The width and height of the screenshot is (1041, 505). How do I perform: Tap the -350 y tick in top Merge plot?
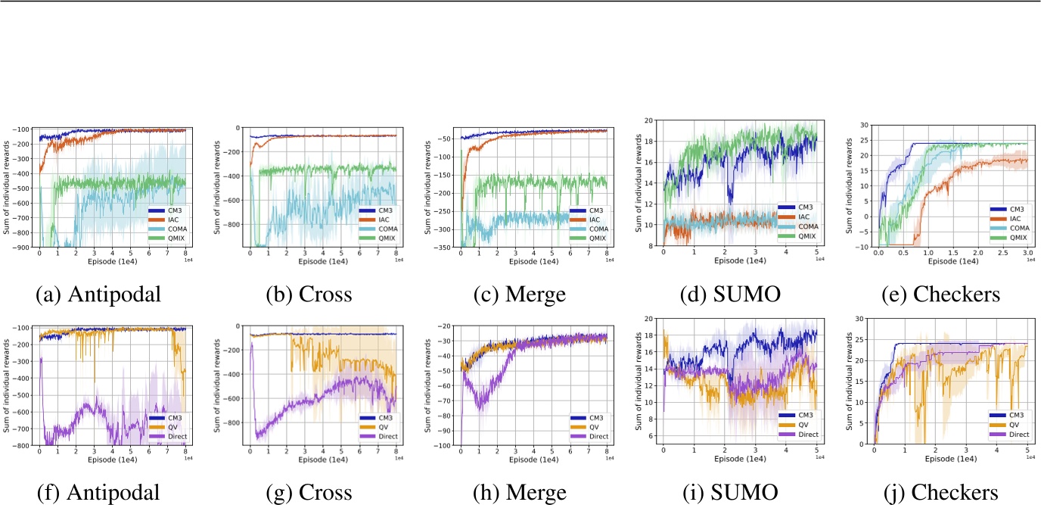[x=444, y=248]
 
